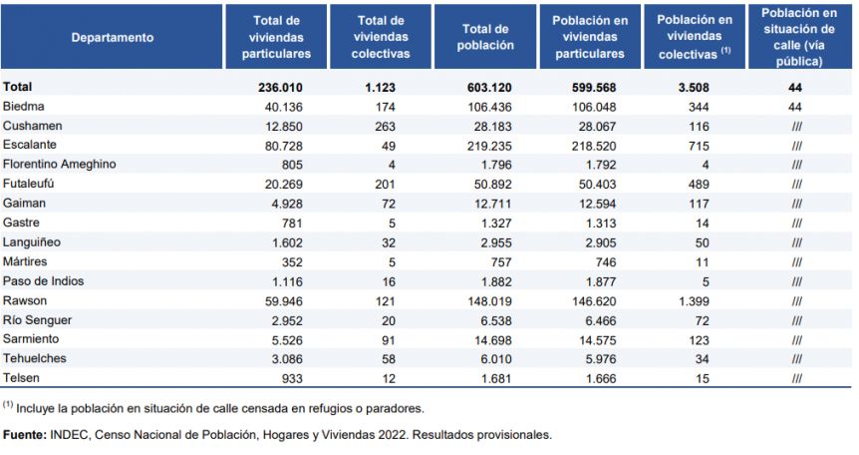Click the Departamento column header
coord(113,37)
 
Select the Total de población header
coord(485,37)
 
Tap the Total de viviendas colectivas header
coord(381,37)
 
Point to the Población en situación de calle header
coord(799,37)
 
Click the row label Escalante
coord(30,145)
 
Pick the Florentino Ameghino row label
coord(59,164)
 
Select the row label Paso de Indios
coord(43,281)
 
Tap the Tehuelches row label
coord(35,358)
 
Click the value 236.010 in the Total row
coord(280,87)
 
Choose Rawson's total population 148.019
coord(489,301)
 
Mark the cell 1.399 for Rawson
coord(694,301)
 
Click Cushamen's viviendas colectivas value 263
coord(385,127)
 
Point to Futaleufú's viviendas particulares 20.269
coord(283,185)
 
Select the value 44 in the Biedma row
coord(795,107)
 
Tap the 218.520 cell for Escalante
coord(594,146)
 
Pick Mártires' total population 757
coord(501,262)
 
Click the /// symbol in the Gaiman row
coord(796,205)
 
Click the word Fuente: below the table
coord(25,435)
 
